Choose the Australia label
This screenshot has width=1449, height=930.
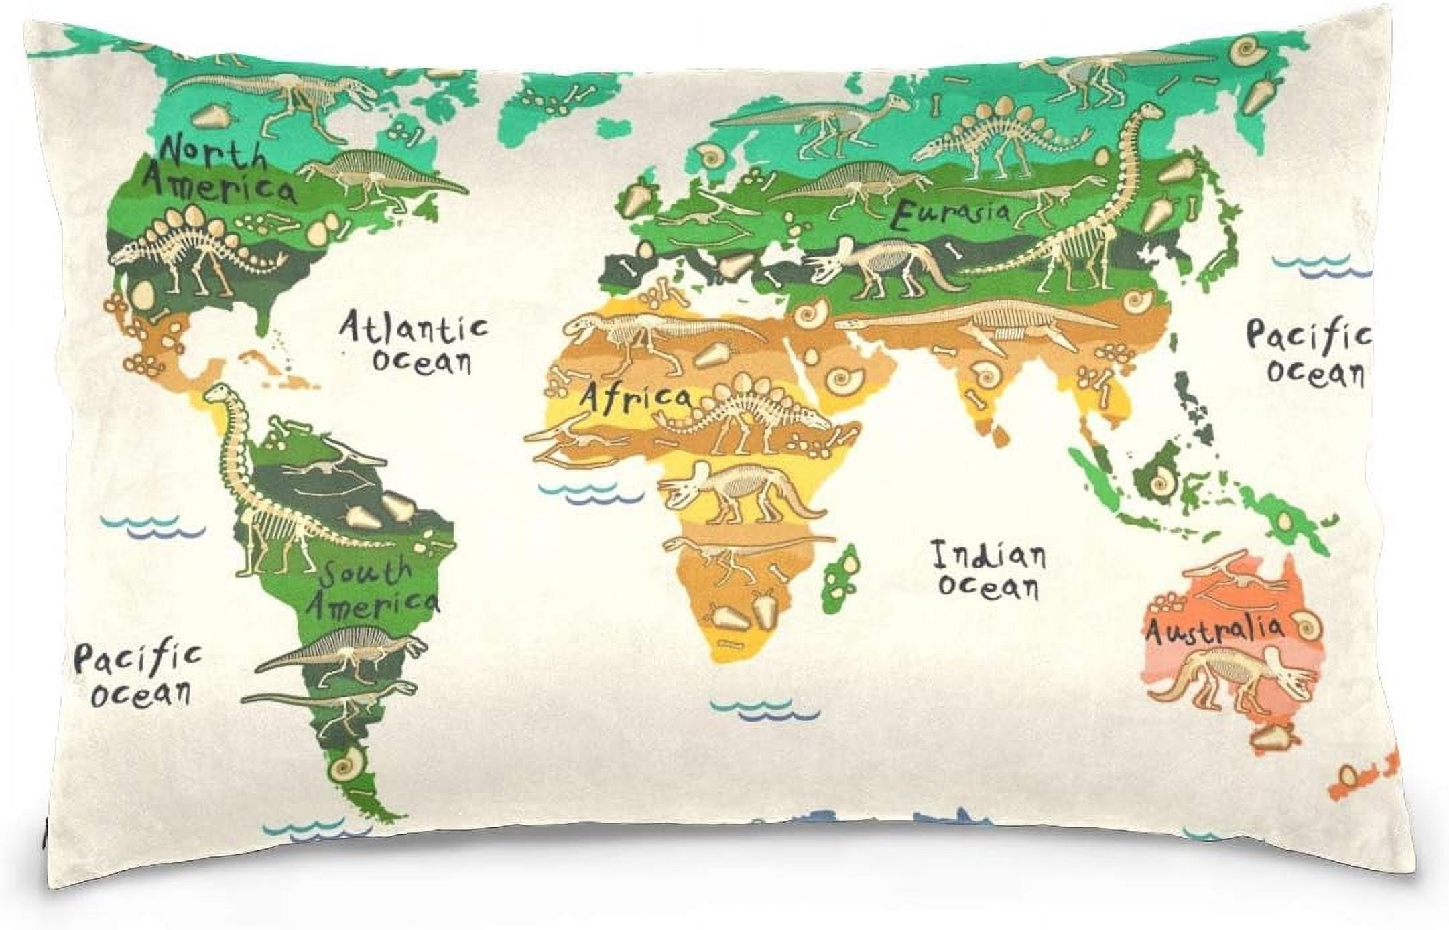click(1214, 630)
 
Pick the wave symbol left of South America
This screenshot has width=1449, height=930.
click(153, 525)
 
